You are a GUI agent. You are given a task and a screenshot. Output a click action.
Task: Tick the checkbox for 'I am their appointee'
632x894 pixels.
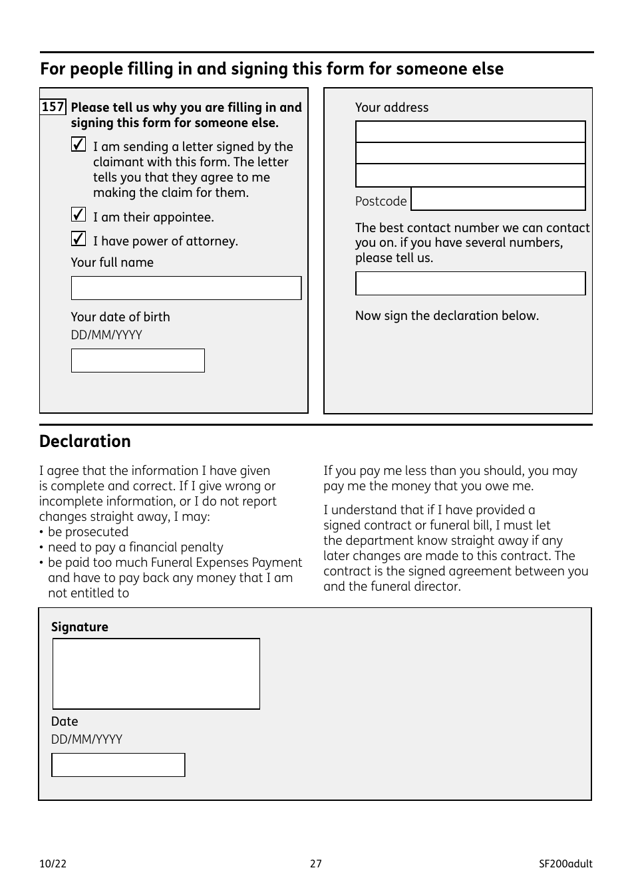[x=79, y=215]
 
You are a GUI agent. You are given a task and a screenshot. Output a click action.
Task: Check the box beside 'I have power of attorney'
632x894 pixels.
[x=79, y=239]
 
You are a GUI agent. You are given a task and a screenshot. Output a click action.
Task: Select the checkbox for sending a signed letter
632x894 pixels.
[x=79, y=144]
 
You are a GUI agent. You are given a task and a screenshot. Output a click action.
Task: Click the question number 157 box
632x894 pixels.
[x=53, y=107]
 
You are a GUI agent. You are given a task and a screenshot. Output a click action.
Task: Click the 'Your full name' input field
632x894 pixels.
[x=186, y=288]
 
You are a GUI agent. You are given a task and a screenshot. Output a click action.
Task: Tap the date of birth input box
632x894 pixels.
[x=138, y=361]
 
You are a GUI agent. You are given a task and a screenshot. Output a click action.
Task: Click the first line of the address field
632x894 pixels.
[x=470, y=132]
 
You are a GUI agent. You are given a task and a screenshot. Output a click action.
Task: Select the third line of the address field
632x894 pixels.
[x=470, y=176]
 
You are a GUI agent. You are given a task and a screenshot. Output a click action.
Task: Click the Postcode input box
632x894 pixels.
[x=498, y=200]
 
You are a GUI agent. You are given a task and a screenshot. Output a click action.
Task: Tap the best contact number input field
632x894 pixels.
[x=470, y=283]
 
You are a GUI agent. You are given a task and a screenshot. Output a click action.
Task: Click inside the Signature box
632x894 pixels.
[x=156, y=674]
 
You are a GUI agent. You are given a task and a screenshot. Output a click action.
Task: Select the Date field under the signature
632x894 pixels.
[x=118, y=765]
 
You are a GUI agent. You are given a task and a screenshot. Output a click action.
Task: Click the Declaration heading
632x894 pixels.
[x=85, y=442]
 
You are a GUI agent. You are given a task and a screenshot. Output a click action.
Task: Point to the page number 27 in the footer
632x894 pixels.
[x=316, y=864]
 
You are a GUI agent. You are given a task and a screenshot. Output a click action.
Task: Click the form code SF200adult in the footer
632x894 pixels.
[x=565, y=864]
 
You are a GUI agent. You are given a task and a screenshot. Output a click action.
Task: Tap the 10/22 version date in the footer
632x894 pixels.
[x=53, y=864]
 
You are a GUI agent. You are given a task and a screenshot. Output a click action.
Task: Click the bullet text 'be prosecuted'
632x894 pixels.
[x=88, y=532]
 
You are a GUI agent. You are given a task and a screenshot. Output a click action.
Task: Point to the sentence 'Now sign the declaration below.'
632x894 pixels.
[x=447, y=316]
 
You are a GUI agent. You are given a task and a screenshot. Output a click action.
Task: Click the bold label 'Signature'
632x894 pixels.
[x=80, y=627]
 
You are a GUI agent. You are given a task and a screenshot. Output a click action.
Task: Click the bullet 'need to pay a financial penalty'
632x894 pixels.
[x=136, y=547]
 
